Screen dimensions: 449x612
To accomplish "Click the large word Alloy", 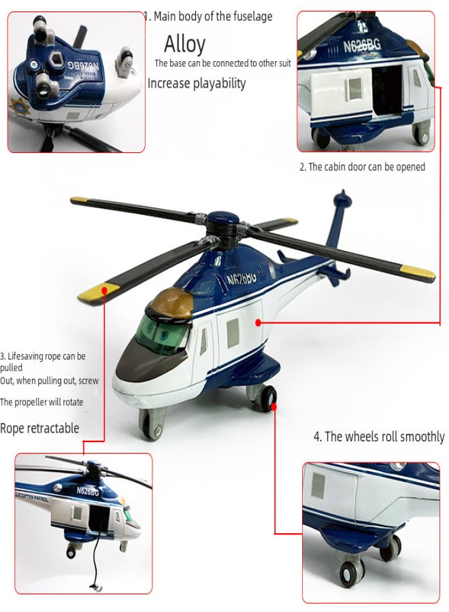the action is (x=184, y=44).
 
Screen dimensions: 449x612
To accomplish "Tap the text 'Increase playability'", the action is (x=197, y=83).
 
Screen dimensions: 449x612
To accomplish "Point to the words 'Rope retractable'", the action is (x=39, y=428).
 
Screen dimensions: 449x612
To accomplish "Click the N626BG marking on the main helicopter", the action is (x=242, y=278).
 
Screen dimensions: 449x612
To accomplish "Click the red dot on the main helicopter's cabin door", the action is (x=258, y=322).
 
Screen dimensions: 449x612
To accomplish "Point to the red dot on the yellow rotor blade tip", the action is (x=105, y=290).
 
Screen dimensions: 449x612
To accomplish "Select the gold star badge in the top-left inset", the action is (x=21, y=109).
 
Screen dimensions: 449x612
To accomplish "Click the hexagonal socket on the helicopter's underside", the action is (x=56, y=60).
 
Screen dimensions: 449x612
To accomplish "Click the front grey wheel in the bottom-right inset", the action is (x=351, y=574).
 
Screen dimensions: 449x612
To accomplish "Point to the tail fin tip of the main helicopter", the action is (x=343, y=192).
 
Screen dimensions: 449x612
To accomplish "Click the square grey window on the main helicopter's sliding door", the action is (x=233, y=333).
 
